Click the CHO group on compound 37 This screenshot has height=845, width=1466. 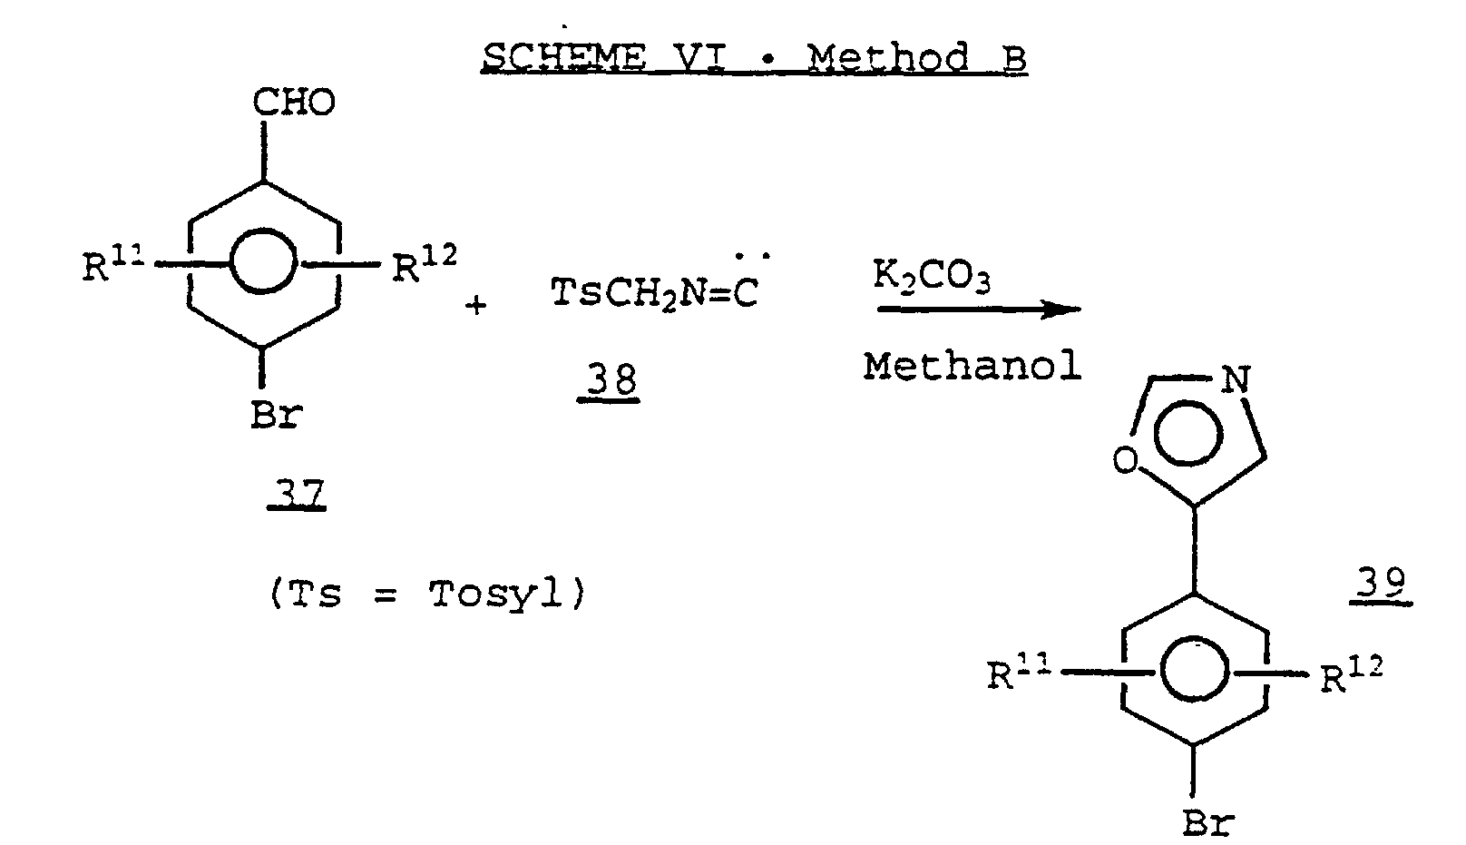293,103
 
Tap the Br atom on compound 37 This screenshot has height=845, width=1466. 276,417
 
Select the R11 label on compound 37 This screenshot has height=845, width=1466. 110,267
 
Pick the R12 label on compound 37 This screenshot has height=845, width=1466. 423,267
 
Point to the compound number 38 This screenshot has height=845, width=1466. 611,382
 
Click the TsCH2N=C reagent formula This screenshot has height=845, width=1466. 653,294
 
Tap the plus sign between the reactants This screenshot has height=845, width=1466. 475,305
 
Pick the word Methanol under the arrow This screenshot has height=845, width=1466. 972,367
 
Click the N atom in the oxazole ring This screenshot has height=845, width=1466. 1235,378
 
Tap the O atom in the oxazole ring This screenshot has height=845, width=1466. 1125,462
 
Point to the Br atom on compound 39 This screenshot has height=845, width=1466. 1208,822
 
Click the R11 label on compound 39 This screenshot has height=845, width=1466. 1015,675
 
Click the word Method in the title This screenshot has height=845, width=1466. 888,57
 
